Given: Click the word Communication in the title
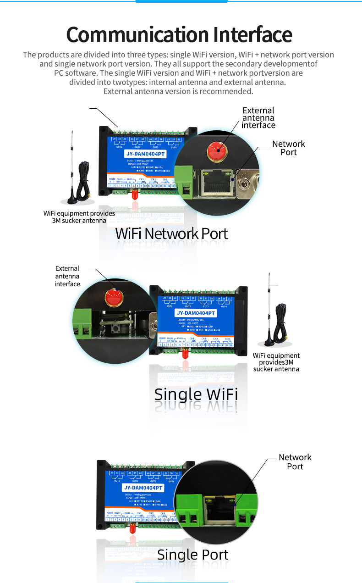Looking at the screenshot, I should click(x=131, y=35).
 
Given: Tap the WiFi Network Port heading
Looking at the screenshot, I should click(x=171, y=233).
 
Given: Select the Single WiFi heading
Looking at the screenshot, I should click(x=196, y=394).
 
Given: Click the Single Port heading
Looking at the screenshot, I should click(x=192, y=555).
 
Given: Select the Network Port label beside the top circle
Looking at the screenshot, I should click(x=288, y=148).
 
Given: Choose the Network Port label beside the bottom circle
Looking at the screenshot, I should click(x=295, y=461).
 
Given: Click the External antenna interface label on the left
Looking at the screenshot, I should click(x=67, y=276).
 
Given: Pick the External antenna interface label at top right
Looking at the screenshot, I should click(x=258, y=118).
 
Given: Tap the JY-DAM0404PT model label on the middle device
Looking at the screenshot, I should click(x=196, y=313).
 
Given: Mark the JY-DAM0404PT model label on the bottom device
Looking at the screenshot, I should click(x=143, y=488).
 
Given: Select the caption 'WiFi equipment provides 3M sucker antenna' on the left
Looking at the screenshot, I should click(x=79, y=217).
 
